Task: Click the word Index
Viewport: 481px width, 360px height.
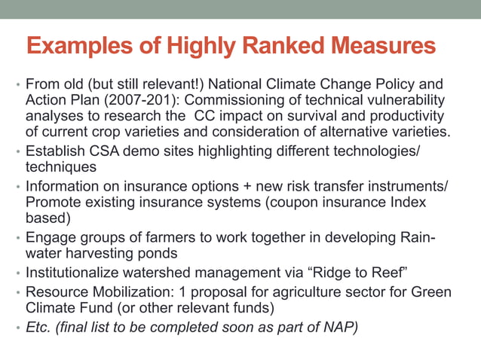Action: (x=405, y=203)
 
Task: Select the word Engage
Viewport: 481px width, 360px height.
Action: (x=51, y=237)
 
